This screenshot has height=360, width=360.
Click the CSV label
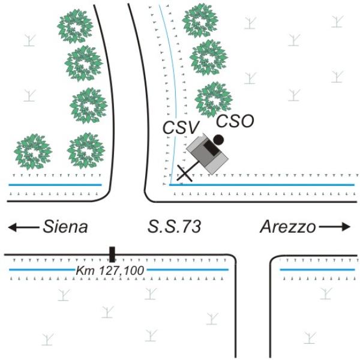pyautogui.click(x=180, y=128)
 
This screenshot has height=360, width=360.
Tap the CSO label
pyautogui.click(x=235, y=121)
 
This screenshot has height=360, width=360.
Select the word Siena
pyautogui.click(x=65, y=227)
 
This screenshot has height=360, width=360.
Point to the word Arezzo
pyautogui.click(x=288, y=227)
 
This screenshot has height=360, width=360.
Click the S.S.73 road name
pyautogui.click(x=174, y=226)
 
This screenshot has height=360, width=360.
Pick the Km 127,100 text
pyautogui.click(x=110, y=271)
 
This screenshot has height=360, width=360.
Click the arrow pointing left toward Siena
pyautogui.click(x=23, y=227)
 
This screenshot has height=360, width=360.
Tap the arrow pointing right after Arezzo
pyautogui.click(x=335, y=227)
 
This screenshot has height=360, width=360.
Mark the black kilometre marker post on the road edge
pyautogui.click(x=112, y=254)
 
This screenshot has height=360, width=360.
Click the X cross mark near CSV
pyautogui.click(x=185, y=173)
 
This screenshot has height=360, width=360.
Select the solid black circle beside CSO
pyautogui.click(x=218, y=140)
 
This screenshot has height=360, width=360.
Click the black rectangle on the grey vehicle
pyautogui.click(x=212, y=148)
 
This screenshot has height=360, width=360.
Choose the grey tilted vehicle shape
pyautogui.click(x=208, y=154)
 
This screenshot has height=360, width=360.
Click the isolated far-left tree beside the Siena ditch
pyautogui.click(x=33, y=152)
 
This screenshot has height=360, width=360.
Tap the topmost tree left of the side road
pyautogui.click(x=75, y=26)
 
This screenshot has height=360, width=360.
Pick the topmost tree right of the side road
pyautogui.click(x=200, y=20)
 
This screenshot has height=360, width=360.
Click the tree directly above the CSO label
pyautogui.click(x=214, y=100)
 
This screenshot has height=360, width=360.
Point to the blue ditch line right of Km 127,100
pyautogui.click(x=188, y=270)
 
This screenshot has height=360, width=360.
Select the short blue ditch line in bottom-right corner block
pyautogui.click(x=317, y=270)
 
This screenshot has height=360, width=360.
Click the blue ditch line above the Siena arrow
pyautogui.click(x=55, y=185)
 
